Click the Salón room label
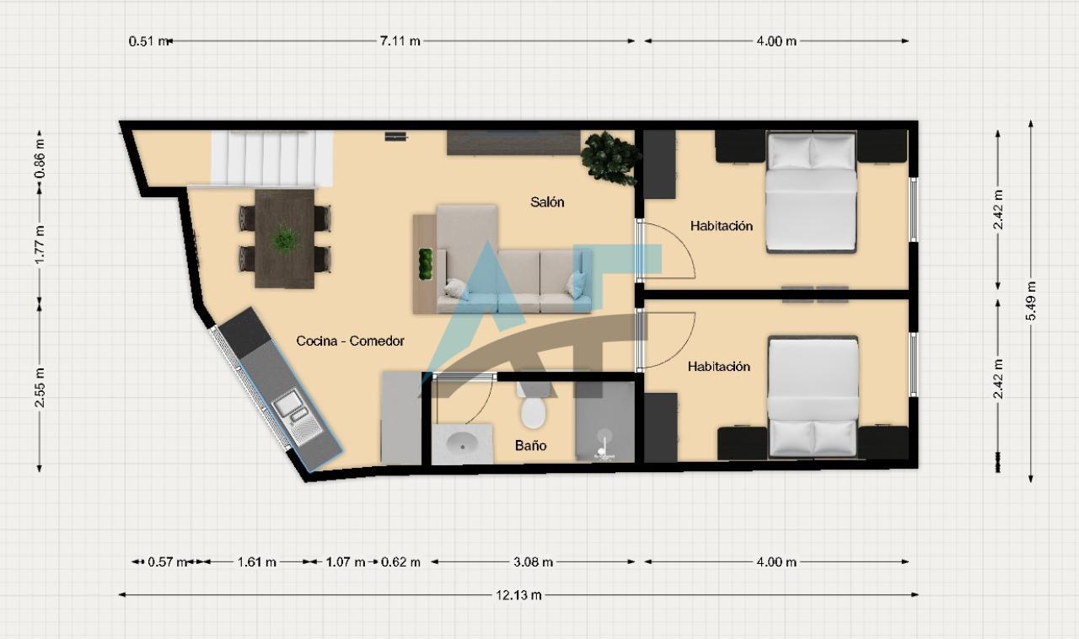click(547, 202)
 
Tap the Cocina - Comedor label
click(350, 341)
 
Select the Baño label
click(530, 445)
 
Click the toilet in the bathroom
click(534, 406)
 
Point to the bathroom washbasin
click(462, 443)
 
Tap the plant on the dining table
click(285, 239)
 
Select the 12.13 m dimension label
click(518, 595)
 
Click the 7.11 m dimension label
click(400, 41)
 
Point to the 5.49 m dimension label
click(1030, 301)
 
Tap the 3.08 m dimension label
click(533, 562)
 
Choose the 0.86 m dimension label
click(40, 158)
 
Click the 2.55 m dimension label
click(40, 387)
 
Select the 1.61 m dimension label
click(257, 562)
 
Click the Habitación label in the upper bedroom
click(721, 226)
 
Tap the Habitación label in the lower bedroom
click(719, 367)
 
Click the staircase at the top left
click(272, 158)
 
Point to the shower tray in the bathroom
click(605, 422)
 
